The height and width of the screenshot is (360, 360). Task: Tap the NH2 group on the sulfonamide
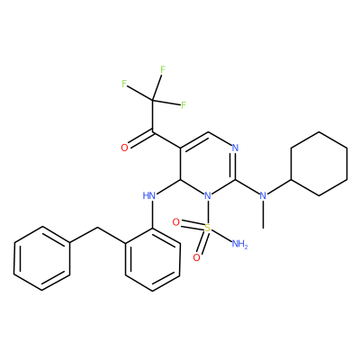pos(239,245)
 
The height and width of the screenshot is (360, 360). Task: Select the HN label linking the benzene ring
pos(149,196)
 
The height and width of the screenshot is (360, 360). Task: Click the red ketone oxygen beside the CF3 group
pos(124,148)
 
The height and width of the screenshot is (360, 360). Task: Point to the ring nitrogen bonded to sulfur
pos(207,196)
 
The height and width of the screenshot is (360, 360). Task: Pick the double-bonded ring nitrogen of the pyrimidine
pos(235,148)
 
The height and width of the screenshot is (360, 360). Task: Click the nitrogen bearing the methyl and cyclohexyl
pos(263,196)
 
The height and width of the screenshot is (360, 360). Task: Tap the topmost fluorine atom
pos(163,69)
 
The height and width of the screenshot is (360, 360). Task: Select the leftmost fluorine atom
pos(124,84)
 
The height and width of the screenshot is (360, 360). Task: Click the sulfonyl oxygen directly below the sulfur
pos(196,257)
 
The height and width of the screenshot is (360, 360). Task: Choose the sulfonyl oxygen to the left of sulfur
pos(176,222)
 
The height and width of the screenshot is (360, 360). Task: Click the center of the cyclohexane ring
pos(319,164)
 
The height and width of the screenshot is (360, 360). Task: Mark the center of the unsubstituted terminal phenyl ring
pos(42,258)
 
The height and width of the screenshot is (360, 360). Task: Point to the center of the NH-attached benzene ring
pos(153,259)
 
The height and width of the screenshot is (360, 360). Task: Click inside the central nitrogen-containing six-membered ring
pos(207,164)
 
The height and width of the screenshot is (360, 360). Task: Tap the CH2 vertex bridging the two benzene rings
pos(97,229)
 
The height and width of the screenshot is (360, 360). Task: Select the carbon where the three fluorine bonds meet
pos(152,99)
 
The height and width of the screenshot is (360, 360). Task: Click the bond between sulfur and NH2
pos(221,236)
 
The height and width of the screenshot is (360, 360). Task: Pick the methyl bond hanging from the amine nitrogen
pos(263,215)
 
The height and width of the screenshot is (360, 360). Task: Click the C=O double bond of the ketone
pos(140,139)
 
